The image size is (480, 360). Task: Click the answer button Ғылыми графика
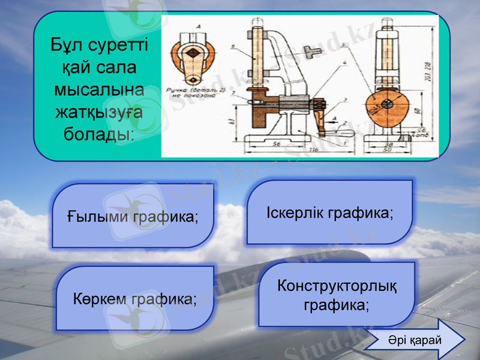click(132, 216)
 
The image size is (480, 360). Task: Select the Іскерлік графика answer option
click(329, 212)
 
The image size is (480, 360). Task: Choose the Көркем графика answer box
click(135, 298)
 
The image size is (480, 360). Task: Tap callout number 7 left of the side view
click(232, 94)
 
